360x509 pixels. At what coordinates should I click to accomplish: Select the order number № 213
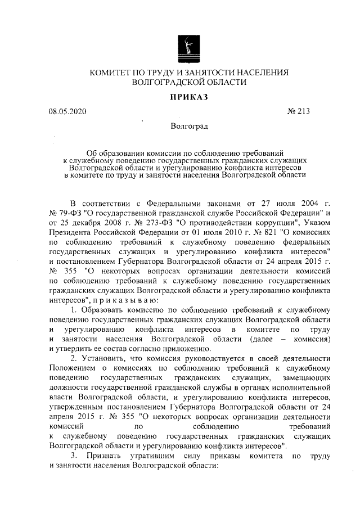coord(299,111)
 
